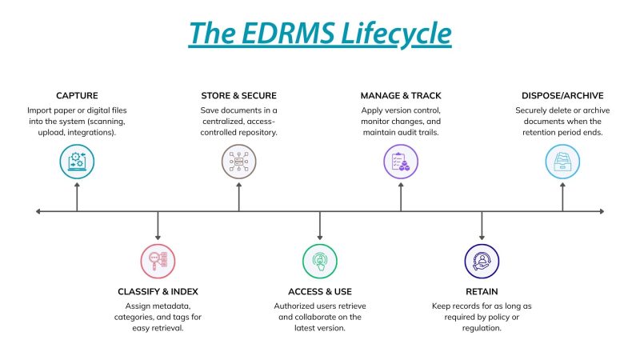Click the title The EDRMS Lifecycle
[320, 34]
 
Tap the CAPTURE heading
[78, 95]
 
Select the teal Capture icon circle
[78, 161]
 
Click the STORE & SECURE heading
[239, 95]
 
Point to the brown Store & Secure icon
[239, 161]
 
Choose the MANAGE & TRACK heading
[401, 95]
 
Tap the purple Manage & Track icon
[401, 161]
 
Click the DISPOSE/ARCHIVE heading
[562, 95]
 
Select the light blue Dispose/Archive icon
[562, 161]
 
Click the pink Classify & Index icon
[158, 261]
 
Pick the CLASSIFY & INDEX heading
[157, 291]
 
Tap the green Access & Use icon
[320, 261]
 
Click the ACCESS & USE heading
[320, 291]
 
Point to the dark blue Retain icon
[482, 261]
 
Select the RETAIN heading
[482, 291]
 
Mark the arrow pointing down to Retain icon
[482, 234]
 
